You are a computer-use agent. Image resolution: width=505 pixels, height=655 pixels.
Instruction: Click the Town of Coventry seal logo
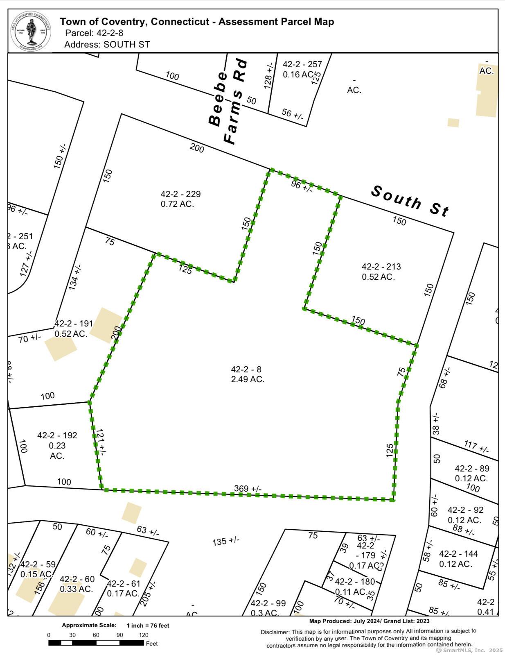point(31,31)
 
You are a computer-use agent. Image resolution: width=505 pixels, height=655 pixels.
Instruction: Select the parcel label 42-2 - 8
point(246,369)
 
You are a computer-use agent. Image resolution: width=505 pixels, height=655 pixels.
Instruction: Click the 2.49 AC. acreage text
point(248,379)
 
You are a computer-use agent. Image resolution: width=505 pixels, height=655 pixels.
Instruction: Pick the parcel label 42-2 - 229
point(180,194)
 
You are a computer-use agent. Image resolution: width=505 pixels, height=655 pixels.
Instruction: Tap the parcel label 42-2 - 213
point(381,267)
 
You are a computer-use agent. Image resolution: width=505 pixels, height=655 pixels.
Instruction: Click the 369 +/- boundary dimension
point(248,488)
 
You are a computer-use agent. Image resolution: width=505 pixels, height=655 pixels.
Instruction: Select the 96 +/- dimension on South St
point(302,186)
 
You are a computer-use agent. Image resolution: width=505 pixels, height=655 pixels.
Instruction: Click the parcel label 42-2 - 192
point(57,435)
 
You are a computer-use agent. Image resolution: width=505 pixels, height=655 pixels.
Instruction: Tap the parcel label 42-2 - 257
point(302,64)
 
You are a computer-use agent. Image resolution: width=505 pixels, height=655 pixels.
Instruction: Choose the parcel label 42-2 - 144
point(458,553)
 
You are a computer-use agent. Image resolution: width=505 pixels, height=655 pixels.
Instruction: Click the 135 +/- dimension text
point(225,541)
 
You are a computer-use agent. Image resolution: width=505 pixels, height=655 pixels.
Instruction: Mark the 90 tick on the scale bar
point(120,635)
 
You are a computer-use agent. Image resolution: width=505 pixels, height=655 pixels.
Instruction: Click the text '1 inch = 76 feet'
point(148,626)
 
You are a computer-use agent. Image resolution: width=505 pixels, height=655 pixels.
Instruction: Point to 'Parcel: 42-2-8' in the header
point(94,33)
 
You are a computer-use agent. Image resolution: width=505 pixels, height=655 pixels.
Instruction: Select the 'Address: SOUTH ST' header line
point(107,44)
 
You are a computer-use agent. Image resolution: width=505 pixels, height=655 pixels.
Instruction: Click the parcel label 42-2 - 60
point(77,579)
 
